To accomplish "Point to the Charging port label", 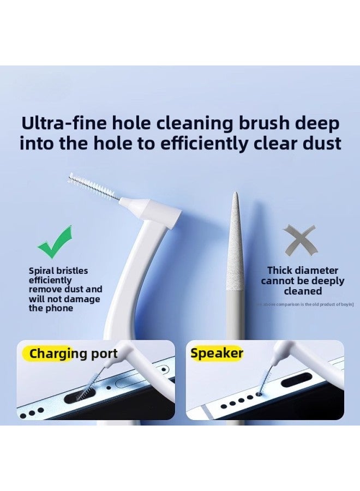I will (x=73, y=354).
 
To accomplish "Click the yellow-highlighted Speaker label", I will (x=217, y=353).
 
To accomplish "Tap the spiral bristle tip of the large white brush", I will (x=92, y=186).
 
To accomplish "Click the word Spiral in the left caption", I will (x=42, y=271).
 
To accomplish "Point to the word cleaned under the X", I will (x=303, y=291).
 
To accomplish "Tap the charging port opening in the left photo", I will (x=81, y=396).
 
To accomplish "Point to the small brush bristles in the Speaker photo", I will (x=267, y=377).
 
